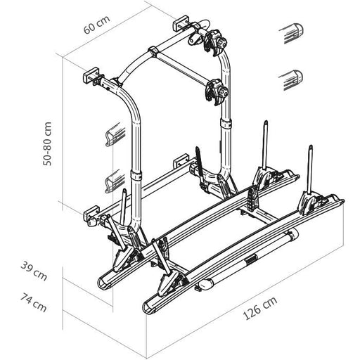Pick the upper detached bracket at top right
[290, 33]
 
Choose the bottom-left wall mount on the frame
[94, 214]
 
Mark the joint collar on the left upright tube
[138, 176]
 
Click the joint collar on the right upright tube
[226, 124]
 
